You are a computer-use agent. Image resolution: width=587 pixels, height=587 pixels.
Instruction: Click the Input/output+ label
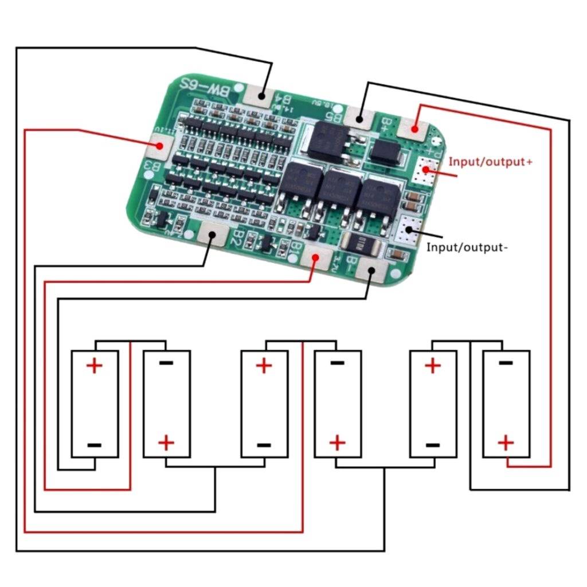pyautogui.click(x=490, y=162)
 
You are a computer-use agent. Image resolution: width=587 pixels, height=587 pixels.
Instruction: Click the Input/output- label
pyautogui.click(x=467, y=248)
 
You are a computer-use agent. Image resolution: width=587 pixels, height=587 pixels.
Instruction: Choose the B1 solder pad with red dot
pyautogui.click(x=315, y=257)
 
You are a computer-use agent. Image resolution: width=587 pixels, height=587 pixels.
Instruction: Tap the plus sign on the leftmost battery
pyautogui.click(x=95, y=365)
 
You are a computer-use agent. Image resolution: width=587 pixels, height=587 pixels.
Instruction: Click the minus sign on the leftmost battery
pyautogui.click(x=95, y=445)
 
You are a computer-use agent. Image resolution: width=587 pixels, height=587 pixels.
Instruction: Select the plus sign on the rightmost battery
pyautogui.click(x=506, y=443)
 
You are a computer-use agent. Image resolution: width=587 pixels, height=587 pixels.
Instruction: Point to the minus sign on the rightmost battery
pyautogui.click(x=506, y=362)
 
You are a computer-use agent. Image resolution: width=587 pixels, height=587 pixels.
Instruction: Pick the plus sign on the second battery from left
pyautogui.click(x=166, y=443)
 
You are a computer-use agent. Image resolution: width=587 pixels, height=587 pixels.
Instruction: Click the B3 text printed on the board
pyautogui.click(x=150, y=167)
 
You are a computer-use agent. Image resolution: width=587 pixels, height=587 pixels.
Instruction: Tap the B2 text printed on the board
pyautogui.click(x=236, y=238)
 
